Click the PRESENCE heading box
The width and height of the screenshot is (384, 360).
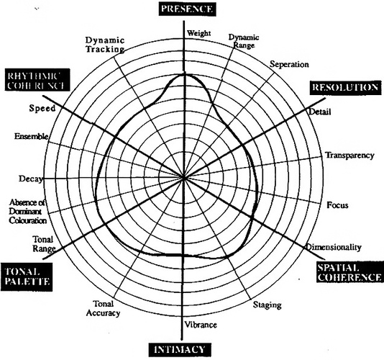click(x=187, y=9)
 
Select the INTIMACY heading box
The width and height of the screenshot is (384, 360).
click(x=180, y=350)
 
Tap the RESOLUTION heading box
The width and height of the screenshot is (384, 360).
click(x=346, y=88)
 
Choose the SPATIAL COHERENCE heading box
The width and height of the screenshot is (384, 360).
click(x=349, y=272)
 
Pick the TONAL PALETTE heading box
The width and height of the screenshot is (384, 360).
click(x=27, y=277)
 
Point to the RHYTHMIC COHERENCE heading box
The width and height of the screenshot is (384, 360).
click(x=37, y=80)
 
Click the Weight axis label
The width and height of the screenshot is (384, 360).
click(x=198, y=33)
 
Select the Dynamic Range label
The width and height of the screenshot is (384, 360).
click(x=244, y=41)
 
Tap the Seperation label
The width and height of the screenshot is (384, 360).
click(x=289, y=64)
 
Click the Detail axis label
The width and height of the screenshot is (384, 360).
click(x=320, y=112)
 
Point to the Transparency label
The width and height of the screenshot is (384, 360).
click(x=349, y=156)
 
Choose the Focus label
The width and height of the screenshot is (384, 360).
click(x=337, y=205)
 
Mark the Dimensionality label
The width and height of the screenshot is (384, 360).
click(x=334, y=247)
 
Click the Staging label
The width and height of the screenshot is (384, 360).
click(x=268, y=305)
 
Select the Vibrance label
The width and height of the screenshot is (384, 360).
click(x=201, y=325)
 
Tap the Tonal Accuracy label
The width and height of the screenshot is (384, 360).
click(x=104, y=308)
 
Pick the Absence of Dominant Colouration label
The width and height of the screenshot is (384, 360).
click(x=27, y=212)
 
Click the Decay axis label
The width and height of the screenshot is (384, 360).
click(x=31, y=179)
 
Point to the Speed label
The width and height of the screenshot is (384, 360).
click(x=42, y=108)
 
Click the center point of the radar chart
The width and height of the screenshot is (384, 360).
click(x=183, y=178)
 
